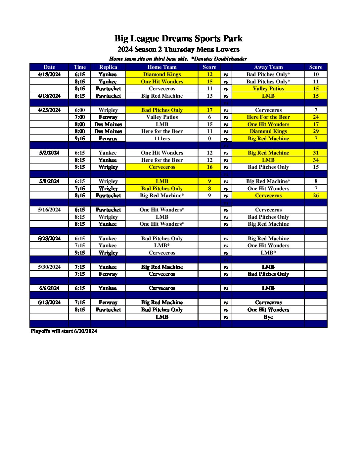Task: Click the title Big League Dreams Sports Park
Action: (x=178, y=39)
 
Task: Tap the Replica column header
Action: (x=108, y=67)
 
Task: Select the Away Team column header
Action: (x=268, y=67)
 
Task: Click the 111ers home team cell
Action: (x=162, y=139)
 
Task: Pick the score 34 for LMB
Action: (x=316, y=160)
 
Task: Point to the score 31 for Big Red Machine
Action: (x=316, y=153)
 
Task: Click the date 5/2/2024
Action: (x=49, y=153)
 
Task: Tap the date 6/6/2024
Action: (x=49, y=288)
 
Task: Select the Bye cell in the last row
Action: (x=268, y=317)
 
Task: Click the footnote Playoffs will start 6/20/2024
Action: (x=64, y=331)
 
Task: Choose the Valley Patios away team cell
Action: (x=268, y=89)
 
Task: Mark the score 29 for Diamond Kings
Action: (x=316, y=131)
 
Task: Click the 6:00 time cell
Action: (x=80, y=110)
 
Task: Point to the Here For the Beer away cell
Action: (x=268, y=117)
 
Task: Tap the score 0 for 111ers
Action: (x=209, y=139)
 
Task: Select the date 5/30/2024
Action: (x=49, y=267)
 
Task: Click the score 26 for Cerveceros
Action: (x=316, y=196)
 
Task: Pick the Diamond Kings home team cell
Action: (x=162, y=74)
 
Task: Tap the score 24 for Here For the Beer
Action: (x=316, y=117)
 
